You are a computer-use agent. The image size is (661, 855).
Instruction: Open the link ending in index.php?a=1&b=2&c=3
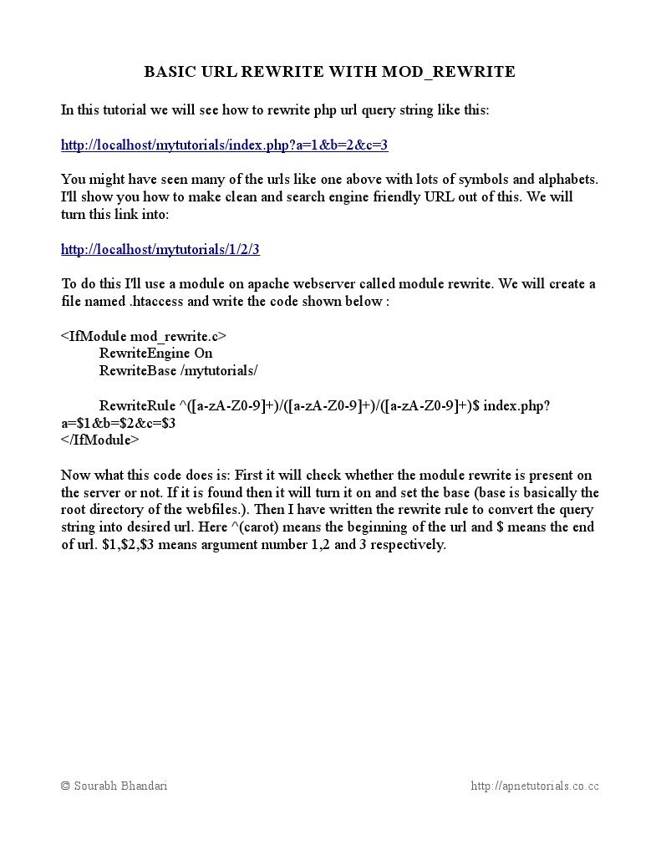pyautogui.click(x=224, y=145)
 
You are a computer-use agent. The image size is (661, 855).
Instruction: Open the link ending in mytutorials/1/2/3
pyautogui.click(x=160, y=249)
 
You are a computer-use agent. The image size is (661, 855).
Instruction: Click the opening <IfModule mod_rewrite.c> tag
pyautogui.click(x=143, y=336)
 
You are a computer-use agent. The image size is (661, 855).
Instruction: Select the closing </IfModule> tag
pyautogui.click(x=99, y=440)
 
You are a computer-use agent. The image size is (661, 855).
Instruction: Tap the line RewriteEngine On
pyautogui.click(x=155, y=353)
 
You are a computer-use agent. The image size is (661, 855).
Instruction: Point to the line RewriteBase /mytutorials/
pyautogui.click(x=178, y=370)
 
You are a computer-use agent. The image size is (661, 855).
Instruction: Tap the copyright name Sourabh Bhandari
pyautogui.click(x=120, y=786)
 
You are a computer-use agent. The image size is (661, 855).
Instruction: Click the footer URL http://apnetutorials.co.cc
pyautogui.click(x=535, y=786)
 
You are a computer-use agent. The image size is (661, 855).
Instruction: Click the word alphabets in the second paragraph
pyautogui.click(x=568, y=180)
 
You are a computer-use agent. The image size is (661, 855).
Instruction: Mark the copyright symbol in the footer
pyautogui.click(x=66, y=786)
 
